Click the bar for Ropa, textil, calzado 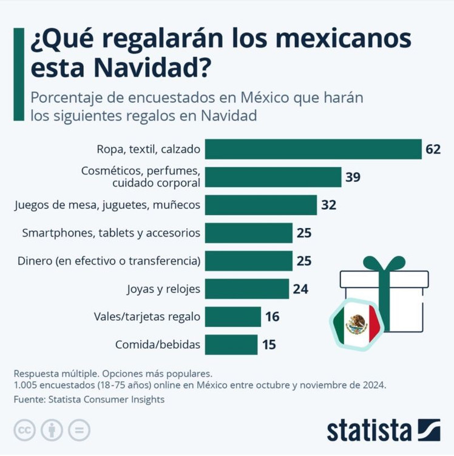tap(313, 149)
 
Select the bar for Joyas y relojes tap(247, 289)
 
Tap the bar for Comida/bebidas tap(231, 345)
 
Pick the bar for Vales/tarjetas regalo tap(233, 317)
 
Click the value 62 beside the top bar tap(433, 149)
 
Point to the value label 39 tap(353, 177)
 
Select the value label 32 tap(328, 205)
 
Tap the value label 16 tap(272, 317)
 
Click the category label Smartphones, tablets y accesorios tap(111, 233)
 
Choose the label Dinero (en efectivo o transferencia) tap(107, 261)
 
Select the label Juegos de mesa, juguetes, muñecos tap(107, 205)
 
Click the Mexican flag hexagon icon tap(356, 325)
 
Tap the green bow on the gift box tap(384, 264)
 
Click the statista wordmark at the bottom tap(369, 430)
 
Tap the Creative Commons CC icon tap(24, 430)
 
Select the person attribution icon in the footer tap(52, 430)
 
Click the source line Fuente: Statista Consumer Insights tap(89, 399)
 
